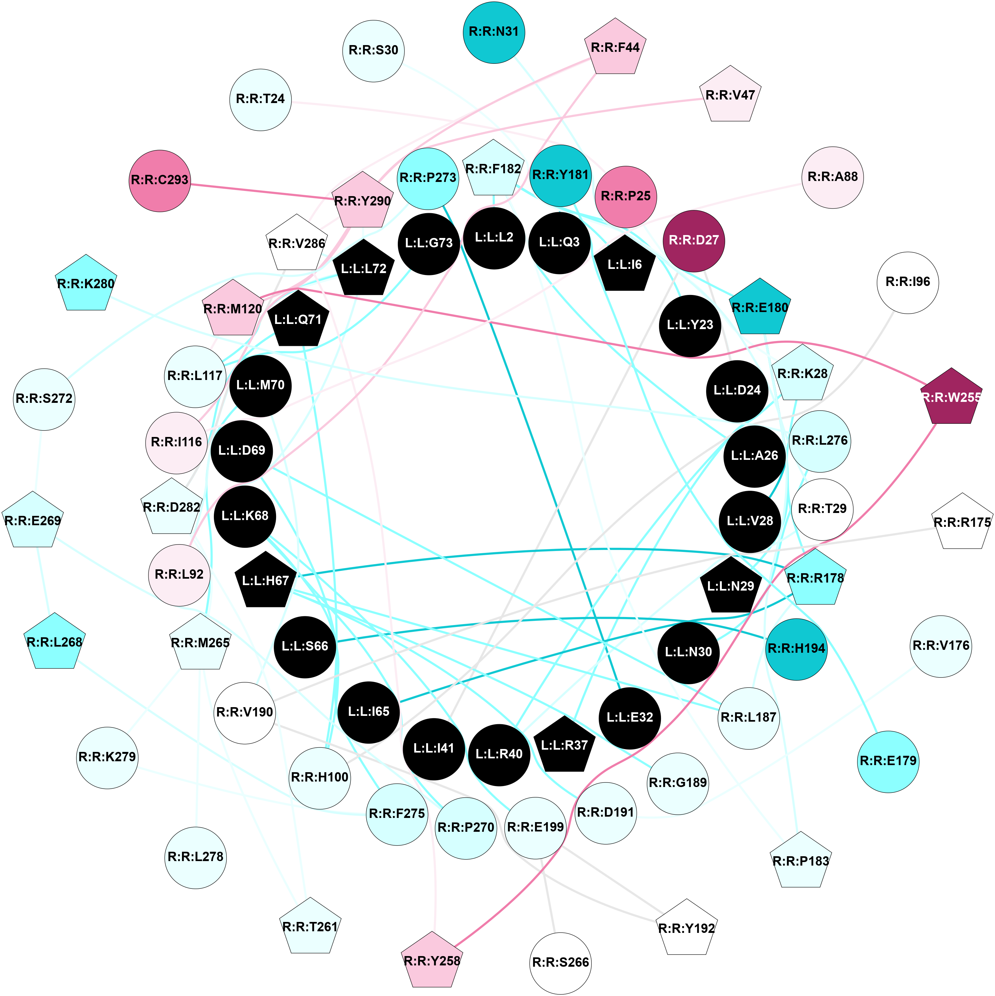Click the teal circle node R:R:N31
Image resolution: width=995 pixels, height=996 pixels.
click(x=494, y=32)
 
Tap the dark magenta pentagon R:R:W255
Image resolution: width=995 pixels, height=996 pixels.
click(x=951, y=397)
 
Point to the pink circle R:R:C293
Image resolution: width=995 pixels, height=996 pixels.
click(x=160, y=180)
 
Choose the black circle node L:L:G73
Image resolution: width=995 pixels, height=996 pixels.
click(x=428, y=243)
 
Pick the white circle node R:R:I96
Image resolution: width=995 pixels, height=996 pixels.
click(x=907, y=282)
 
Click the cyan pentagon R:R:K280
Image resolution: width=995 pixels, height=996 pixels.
click(x=86, y=284)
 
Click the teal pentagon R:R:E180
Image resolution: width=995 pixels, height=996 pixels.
click(x=760, y=308)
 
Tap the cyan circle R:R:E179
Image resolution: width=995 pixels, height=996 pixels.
click(x=888, y=761)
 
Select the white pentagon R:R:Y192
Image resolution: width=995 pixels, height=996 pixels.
click(x=687, y=928)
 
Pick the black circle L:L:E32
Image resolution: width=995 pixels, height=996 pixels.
click(x=629, y=717)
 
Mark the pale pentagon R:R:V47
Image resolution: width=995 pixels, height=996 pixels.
click(x=730, y=95)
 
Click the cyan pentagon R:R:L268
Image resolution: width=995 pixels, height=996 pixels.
click(x=54, y=642)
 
